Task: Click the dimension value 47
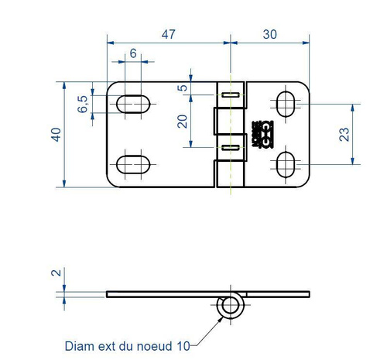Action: pyautogui.click(x=168, y=33)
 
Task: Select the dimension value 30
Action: pyautogui.click(x=270, y=33)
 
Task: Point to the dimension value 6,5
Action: pyautogui.click(x=84, y=102)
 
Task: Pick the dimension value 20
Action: pyautogui.click(x=183, y=122)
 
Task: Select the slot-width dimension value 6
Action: pyautogui.click(x=133, y=53)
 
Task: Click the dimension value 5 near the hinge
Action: pyautogui.click(x=183, y=87)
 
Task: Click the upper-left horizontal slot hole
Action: pyautogui.click(x=133, y=102)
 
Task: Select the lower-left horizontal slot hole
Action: pyautogui.click(x=133, y=163)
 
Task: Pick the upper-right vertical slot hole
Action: pyautogui.click(x=285, y=102)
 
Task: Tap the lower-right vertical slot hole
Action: pyautogui.click(x=285, y=163)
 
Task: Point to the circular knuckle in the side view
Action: pyautogui.click(x=230, y=307)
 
